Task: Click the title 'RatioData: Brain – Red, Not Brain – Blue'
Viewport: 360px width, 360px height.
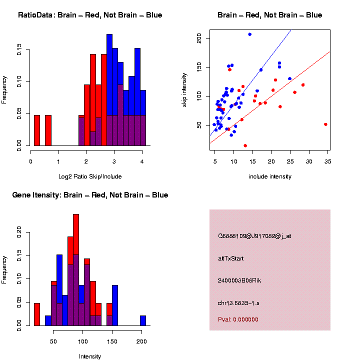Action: point(90,15)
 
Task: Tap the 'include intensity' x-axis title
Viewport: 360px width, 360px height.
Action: point(270,176)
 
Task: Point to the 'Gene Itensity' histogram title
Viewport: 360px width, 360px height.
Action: point(90,195)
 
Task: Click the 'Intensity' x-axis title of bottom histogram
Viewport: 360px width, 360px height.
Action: point(90,356)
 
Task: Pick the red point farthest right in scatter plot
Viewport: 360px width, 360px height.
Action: point(325,124)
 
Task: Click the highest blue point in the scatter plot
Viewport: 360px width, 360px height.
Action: point(249,34)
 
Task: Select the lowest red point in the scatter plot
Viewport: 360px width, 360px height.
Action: point(245,145)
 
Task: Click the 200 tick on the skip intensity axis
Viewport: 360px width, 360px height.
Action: point(199,37)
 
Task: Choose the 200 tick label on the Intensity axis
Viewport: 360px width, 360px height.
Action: point(141,341)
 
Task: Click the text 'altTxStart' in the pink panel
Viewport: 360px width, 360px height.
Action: point(231,258)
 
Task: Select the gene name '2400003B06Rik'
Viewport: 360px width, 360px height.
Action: point(239,280)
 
